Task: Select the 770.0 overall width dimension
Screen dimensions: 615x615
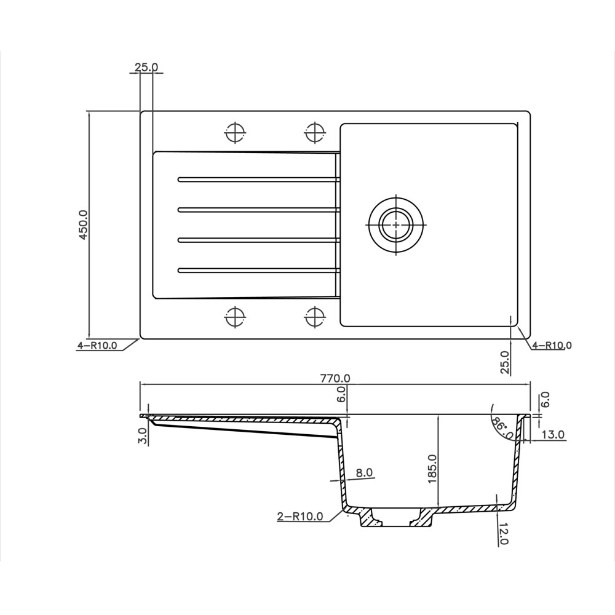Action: point(335,379)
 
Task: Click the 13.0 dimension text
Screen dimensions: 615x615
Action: point(553,435)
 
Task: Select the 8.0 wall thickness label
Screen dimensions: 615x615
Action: point(364,472)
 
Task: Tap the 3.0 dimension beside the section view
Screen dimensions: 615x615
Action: point(143,435)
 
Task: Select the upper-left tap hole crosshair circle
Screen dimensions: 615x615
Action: point(235,132)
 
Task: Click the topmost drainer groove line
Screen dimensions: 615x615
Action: point(258,180)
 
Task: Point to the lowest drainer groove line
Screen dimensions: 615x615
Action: point(258,269)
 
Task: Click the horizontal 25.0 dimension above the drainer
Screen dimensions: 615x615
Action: point(146,67)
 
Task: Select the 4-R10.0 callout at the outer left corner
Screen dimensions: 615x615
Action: point(97,346)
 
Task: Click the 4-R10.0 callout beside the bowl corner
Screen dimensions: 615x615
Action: point(552,346)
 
